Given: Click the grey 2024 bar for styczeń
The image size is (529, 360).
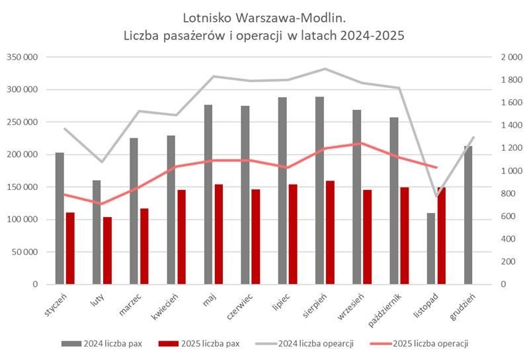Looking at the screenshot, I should tap(60, 218).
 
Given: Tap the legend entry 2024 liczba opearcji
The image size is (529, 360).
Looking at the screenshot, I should tap(315, 343).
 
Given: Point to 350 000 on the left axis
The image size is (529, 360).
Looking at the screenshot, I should tap(22, 58).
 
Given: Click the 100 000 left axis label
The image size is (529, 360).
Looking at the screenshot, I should tap(22, 220).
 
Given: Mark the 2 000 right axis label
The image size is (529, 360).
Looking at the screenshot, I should tap(494, 58).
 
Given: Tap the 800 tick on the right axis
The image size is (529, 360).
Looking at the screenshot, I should tap(490, 194).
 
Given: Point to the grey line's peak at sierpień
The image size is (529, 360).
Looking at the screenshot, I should tap(325, 69).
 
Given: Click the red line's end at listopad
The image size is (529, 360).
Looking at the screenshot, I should tap(436, 167).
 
